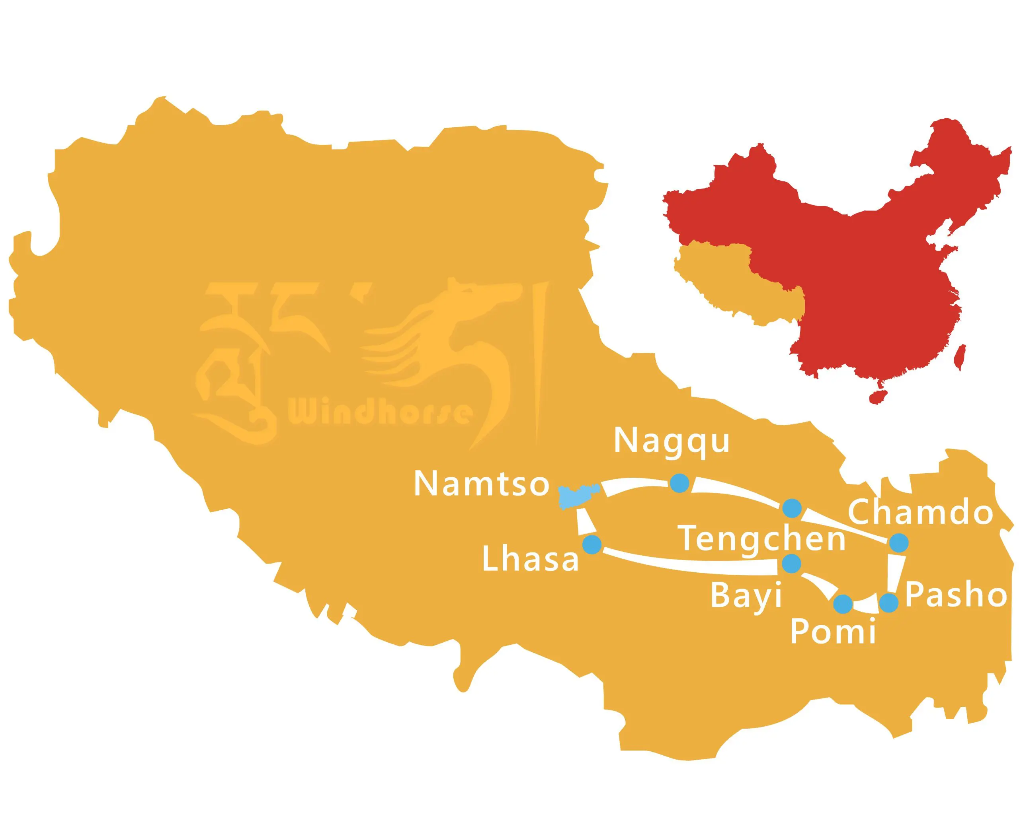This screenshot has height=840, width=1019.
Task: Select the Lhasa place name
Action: click(x=530, y=560)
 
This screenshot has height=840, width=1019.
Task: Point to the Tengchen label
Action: click(x=762, y=539)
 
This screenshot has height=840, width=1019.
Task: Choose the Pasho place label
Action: click(x=956, y=595)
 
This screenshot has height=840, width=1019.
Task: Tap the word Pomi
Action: click(x=833, y=632)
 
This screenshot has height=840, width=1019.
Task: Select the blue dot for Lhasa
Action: click(x=591, y=544)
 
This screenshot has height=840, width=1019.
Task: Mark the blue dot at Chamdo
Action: click(x=899, y=542)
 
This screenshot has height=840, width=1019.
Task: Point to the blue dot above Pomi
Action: click(x=843, y=603)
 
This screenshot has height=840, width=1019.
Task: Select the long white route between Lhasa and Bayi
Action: click(x=688, y=564)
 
